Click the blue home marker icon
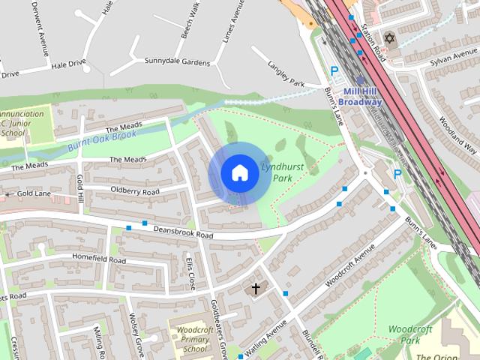[238, 172]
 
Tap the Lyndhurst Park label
[275, 172]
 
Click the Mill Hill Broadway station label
[362, 97]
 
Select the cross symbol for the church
[255, 288]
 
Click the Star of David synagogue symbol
[389, 38]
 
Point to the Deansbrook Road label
[183, 232]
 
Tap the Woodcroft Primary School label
[195, 338]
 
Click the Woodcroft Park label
[409, 334]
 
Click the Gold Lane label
[33, 194]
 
